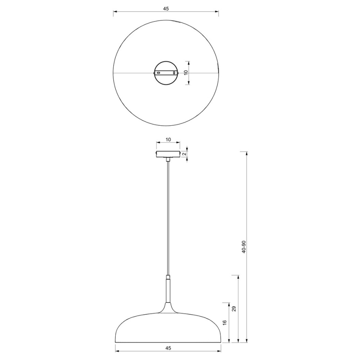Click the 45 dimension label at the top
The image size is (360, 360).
(x=166, y=8)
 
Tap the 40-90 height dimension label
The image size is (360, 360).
(x=244, y=247)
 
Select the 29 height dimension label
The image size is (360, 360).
(x=234, y=309)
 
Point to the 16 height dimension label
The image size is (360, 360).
(x=224, y=322)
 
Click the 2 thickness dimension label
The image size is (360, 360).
(x=184, y=154)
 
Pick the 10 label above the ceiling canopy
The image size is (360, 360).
(x=168, y=140)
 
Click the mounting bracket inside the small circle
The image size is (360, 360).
(x=166, y=73)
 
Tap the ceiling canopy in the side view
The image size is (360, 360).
(x=168, y=154)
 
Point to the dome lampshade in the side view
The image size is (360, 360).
(x=168, y=328)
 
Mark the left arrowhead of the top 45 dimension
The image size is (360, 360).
(x=115, y=13)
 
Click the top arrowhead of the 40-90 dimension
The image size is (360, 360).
(x=247, y=153)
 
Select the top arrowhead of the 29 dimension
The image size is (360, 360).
(x=238, y=276)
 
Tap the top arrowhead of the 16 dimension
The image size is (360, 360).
(x=229, y=303)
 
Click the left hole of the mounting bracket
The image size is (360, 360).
(x=158, y=73)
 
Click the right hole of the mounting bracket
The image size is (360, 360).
(x=174, y=73)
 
